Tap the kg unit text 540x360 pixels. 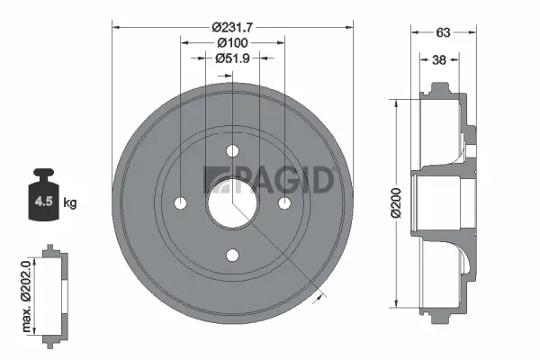click(x=70, y=203)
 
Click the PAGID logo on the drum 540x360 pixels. click(x=270, y=178)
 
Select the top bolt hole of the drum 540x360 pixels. click(x=232, y=150)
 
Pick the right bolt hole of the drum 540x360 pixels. click(x=284, y=203)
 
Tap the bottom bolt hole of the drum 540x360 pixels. click(x=232, y=256)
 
